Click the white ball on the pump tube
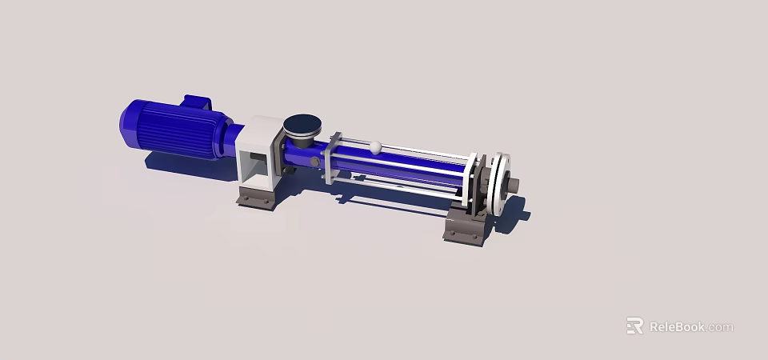(x=375, y=146)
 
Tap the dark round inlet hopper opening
(x=302, y=124)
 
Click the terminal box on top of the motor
(x=197, y=102)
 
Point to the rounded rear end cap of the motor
(x=129, y=122)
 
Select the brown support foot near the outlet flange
(x=466, y=227)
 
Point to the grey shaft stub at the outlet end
(x=513, y=185)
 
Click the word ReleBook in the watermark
(x=677, y=326)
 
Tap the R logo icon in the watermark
(x=634, y=326)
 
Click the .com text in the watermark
(x=720, y=327)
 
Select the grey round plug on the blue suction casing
(x=314, y=162)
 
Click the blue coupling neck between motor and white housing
(x=233, y=139)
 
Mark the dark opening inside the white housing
(x=258, y=166)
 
